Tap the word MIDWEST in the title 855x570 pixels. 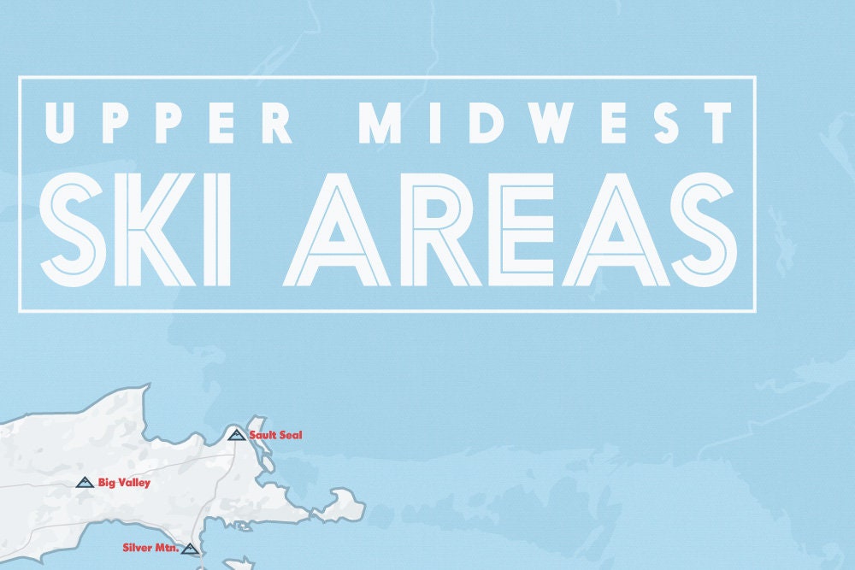[547, 123]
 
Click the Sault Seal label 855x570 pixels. [275, 436]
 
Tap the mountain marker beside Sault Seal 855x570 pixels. [237, 435]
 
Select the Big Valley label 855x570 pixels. [124, 483]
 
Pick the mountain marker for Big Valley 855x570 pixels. [84, 483]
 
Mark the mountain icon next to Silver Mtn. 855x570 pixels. [190, 549]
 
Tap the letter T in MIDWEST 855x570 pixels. [716, 123]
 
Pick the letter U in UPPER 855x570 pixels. [64, 123]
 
